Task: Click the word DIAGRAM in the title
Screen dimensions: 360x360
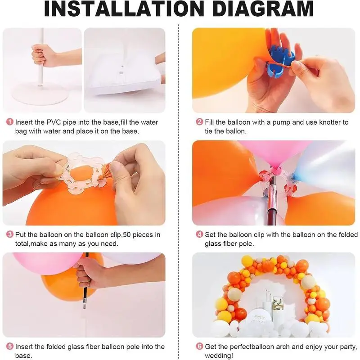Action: (263, 9)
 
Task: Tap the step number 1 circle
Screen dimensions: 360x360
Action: (10, 121)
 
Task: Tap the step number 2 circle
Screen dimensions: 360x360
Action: (199, 121)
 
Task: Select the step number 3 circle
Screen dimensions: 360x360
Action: (10, 234)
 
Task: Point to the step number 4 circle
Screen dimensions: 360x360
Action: (199, 234)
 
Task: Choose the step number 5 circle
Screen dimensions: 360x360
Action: (10, 346)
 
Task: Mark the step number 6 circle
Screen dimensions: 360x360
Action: (199, 346)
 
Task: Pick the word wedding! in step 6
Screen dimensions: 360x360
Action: (219, 356)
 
